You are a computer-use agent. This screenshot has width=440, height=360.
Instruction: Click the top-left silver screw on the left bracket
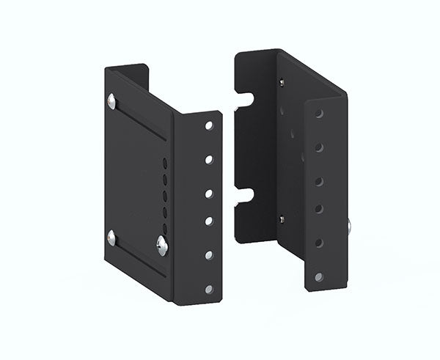pos(111,101)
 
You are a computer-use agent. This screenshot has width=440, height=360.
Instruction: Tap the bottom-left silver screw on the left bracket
pos(111,237)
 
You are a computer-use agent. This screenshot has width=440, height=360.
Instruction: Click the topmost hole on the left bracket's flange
pos(209,126)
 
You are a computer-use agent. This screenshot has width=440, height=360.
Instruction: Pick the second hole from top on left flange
pos(209,159)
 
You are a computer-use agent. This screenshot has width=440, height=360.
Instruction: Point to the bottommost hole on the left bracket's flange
pos(209,289)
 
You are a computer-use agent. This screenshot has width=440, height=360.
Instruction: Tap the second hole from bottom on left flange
pos(209,254)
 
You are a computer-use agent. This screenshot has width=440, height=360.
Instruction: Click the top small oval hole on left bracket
pos(164,164)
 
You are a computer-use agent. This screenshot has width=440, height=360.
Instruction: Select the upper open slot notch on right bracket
pos(244,99)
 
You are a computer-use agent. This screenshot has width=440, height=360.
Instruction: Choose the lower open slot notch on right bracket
pos(244,195)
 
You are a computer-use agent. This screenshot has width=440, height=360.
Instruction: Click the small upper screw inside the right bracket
pos(282,82)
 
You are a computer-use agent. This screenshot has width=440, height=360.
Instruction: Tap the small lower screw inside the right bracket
pos(282,218)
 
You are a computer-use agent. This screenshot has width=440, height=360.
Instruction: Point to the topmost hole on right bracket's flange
pos(319,114)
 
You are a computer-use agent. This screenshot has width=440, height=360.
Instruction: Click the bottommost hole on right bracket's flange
pos(318,276)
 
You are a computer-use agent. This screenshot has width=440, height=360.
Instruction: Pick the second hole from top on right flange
pos(319,147)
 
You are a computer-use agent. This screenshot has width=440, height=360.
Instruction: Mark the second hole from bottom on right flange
pos(319,243)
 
